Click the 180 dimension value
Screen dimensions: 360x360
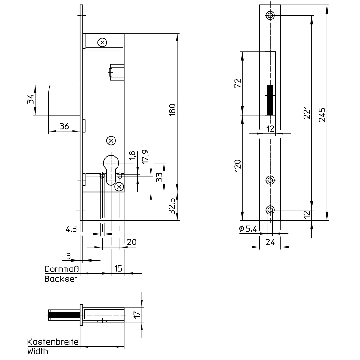(172, 110)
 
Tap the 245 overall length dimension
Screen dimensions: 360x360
(322, 115)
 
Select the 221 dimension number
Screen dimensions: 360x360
(307, 112)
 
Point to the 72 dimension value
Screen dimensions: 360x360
(238, 83)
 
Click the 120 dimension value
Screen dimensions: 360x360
(238, 166)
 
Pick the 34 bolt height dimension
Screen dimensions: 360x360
(31, 99)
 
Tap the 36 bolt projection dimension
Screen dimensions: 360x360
(64, 127)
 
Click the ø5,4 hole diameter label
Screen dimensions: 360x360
(248, 229)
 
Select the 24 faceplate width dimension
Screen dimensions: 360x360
(270, 242)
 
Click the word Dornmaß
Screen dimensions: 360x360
(62, 269)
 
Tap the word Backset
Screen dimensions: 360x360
(61, 279)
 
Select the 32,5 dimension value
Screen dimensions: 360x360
(172, 206)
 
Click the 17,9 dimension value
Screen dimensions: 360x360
(145, 157)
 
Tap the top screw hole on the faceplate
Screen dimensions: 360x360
(270, 15)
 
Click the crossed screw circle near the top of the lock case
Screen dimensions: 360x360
(102, 43)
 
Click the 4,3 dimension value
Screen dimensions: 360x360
(71, 229)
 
